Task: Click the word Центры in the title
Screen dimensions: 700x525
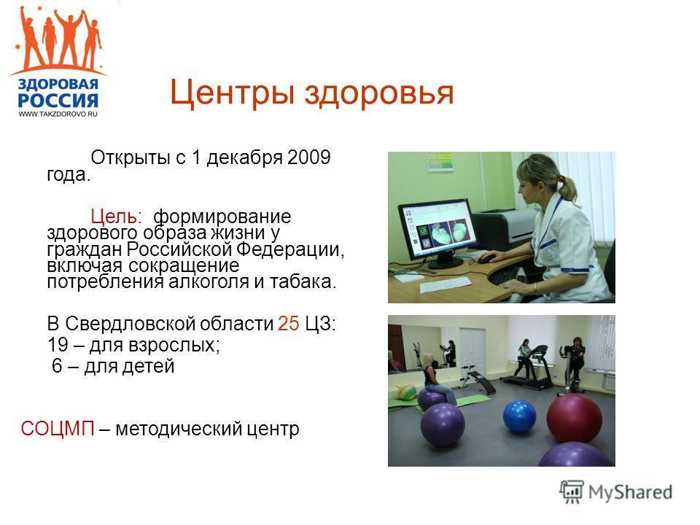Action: (232, 93)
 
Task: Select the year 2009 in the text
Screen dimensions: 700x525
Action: (309, 157)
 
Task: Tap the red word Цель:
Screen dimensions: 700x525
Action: (116, 217)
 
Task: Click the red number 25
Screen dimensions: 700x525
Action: (289, 323)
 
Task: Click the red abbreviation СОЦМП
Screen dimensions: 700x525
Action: (58, 429)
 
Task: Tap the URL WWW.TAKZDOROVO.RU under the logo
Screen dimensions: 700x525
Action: (58, 114)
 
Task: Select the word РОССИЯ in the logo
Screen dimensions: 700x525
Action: (58, 101)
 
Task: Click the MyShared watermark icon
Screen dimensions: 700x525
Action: (572, 492)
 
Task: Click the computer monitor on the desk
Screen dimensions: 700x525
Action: (438, 233)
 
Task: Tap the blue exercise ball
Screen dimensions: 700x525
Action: (519, 416)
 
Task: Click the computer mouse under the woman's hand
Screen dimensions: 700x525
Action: (486, 257)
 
